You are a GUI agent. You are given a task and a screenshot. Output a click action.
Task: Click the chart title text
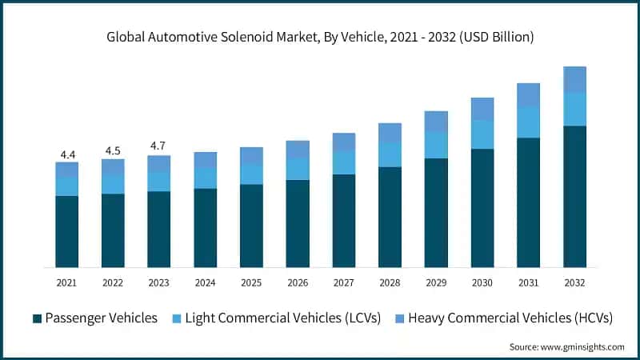point(320,37)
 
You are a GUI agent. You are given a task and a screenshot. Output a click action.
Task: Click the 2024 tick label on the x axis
point(206,282)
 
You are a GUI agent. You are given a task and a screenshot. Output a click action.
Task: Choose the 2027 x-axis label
point(344,282)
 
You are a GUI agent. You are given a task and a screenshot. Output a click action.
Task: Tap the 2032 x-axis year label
point(574,282)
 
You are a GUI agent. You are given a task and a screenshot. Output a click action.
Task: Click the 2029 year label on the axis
point(436,282)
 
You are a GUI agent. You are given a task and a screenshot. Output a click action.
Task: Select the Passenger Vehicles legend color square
point(37,318)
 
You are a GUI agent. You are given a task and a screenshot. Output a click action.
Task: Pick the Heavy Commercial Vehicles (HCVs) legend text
point(510,318)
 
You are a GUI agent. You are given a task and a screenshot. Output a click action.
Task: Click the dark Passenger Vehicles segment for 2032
point(574,196)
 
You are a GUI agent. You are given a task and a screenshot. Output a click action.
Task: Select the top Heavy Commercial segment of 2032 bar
point(574,79)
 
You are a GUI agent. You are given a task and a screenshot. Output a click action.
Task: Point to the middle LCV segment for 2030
point(482,134)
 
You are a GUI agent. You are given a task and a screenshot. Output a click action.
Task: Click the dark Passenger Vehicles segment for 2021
point(67,231)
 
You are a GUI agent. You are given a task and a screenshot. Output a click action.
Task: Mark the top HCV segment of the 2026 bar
point(298,149)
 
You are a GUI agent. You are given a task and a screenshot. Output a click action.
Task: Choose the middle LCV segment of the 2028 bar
point(390,154)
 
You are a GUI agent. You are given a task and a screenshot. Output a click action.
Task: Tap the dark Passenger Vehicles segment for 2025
point(252,226)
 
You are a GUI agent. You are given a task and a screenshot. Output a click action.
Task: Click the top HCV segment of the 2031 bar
point(528,94)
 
